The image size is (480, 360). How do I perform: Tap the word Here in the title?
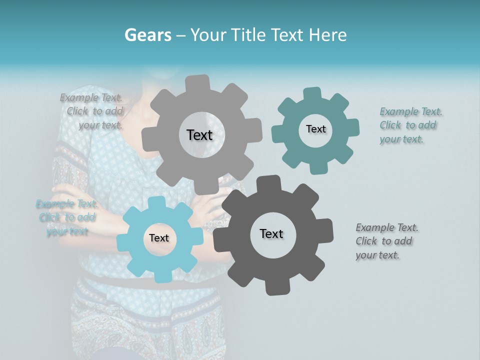coord(327,35)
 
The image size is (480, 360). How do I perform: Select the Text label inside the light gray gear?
coord(199,135)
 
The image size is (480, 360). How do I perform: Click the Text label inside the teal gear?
coord(315,129)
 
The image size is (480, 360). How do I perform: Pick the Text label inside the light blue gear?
coord(159,238)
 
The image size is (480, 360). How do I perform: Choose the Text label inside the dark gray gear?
coord(271,233)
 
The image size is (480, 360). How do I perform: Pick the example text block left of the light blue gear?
coord(67,217)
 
